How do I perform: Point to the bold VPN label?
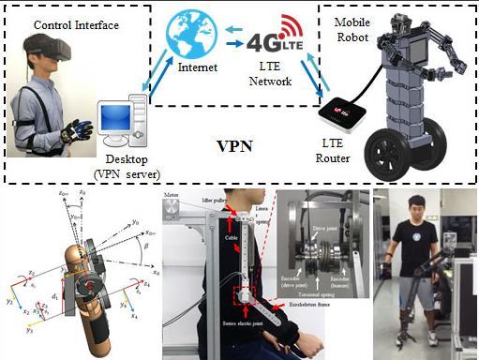(x=236, y=148)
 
